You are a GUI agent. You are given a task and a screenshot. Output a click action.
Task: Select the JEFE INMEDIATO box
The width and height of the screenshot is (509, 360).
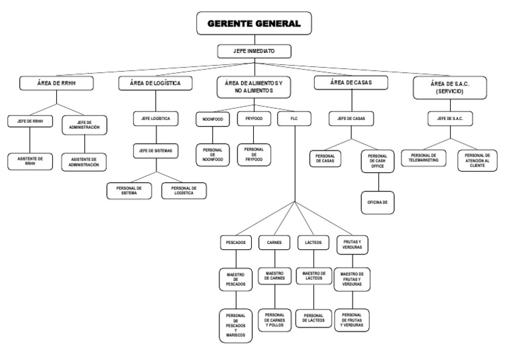click(x=254, y=51)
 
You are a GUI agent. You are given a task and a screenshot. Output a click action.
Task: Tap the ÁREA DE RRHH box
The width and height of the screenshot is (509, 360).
click(x=56, y=84)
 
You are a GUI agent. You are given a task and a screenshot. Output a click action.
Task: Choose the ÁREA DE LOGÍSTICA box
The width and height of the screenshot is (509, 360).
click(x=156, y=84)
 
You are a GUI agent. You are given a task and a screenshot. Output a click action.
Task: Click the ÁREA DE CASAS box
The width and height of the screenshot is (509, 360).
click(x=351, y=84)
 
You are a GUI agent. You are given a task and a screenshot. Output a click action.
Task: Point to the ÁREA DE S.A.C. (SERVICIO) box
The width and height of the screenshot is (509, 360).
click(x=450, y=88)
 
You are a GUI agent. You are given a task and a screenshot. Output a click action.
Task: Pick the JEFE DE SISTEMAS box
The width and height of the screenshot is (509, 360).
click(x=156, y=151)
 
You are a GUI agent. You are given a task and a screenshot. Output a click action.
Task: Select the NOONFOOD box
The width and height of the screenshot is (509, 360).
click(x=213, y=119)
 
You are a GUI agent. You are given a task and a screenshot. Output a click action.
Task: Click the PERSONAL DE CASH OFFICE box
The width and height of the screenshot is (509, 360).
click(x=377, y=161)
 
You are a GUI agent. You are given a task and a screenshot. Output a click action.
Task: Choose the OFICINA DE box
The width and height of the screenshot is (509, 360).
click(x=377, y=202)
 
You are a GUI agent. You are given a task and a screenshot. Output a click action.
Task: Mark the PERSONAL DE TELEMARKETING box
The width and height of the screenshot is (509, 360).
click(x=425, y=158)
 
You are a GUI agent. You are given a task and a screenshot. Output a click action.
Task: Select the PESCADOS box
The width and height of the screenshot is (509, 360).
click(x=236, y=243)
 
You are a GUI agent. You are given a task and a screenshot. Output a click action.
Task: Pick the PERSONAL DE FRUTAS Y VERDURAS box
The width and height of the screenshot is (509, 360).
click(x=353, y=320)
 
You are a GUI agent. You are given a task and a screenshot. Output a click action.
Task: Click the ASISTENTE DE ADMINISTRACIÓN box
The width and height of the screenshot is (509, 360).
click(x=84, y=161)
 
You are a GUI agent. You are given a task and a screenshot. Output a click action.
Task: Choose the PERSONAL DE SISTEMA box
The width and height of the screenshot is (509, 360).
click(x=129, y=191)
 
